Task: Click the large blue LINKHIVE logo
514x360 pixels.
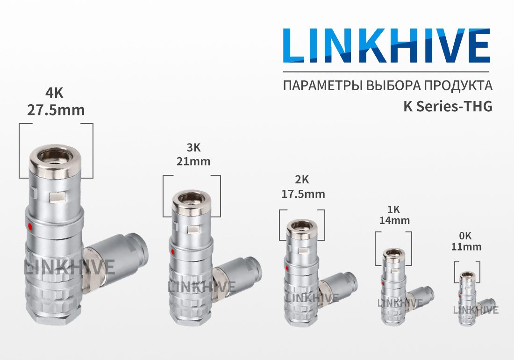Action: (387, 45)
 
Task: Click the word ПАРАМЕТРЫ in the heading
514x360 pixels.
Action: (323, 86)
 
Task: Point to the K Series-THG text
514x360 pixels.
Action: (448, 106)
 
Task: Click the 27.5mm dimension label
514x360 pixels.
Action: (56, 110)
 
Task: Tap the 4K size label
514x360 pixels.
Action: (54, 94)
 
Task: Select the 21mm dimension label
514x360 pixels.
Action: (193, 161)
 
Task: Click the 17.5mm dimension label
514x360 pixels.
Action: (303, 194)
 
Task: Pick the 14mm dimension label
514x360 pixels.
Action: (395, 220)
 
